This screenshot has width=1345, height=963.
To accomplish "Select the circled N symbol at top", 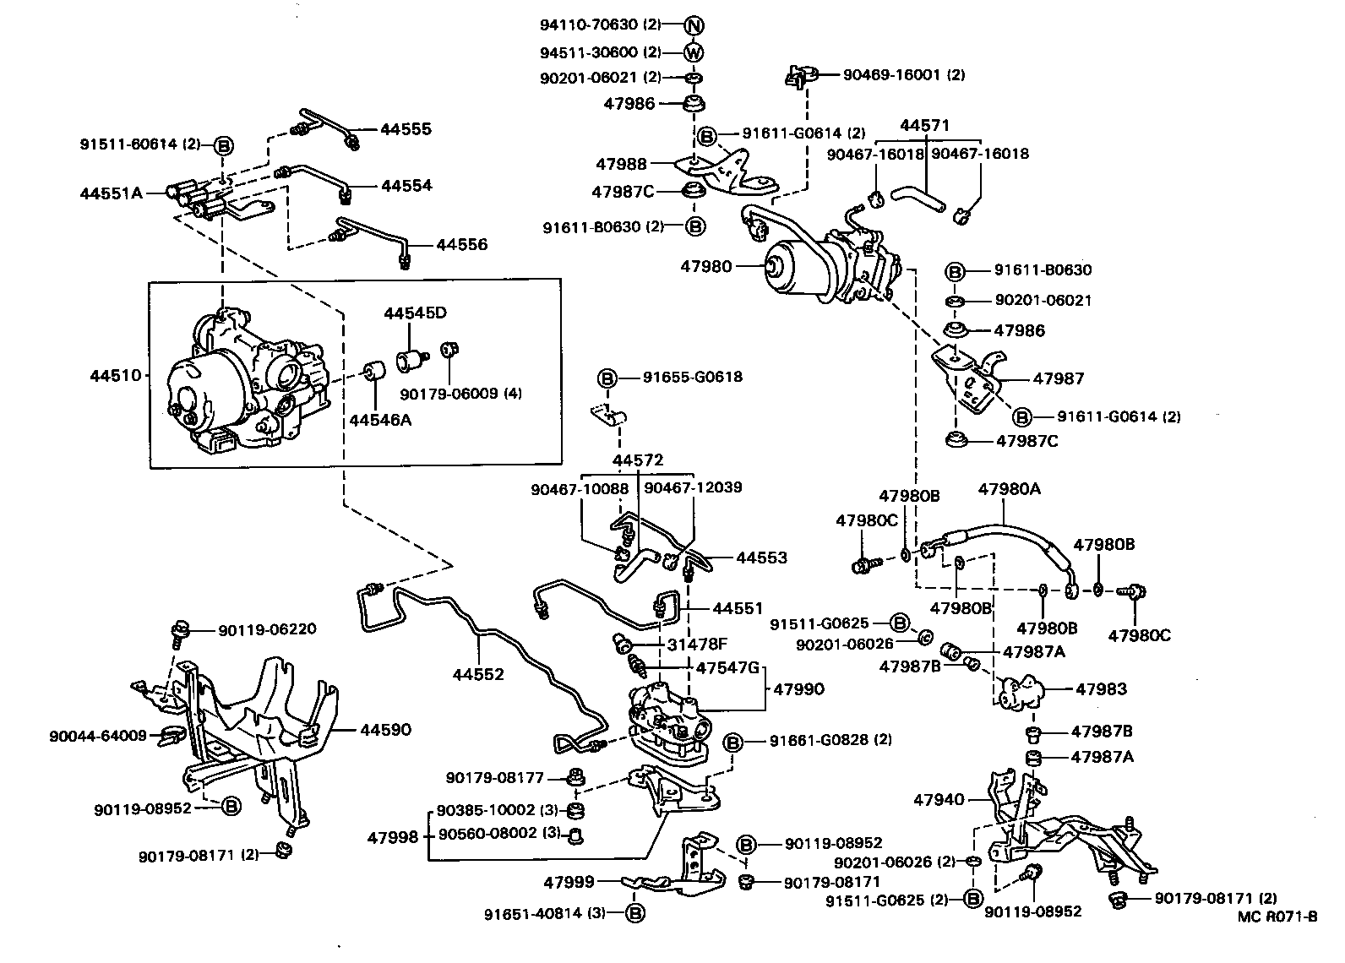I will click(x=693, y=24).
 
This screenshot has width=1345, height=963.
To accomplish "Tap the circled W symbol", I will click(x=693, y=52).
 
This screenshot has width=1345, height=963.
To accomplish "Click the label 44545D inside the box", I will click(x=415, y=313).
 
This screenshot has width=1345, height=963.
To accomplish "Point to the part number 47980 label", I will click(x=706, y=267).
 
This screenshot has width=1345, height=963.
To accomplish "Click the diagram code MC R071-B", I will click(x=1277, y=917).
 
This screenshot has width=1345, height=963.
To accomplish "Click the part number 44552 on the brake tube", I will click(x=478, y=674).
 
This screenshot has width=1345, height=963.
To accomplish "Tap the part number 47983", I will click(x=1101, y=689).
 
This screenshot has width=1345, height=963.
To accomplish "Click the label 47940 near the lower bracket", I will click(x=939, y=799).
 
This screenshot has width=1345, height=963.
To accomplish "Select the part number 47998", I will click(x=393, y=837).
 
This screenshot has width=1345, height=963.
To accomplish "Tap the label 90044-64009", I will click(x=98, y=735).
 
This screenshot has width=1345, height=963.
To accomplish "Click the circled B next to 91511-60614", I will click(x=224, y=144).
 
